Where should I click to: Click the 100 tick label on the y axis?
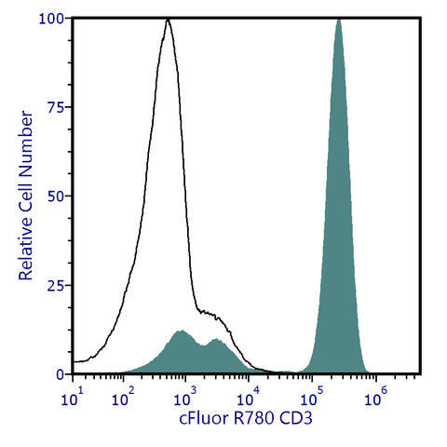(50, 19)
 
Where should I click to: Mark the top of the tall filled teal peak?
(338, 20)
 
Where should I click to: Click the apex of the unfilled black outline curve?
(168, 20)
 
